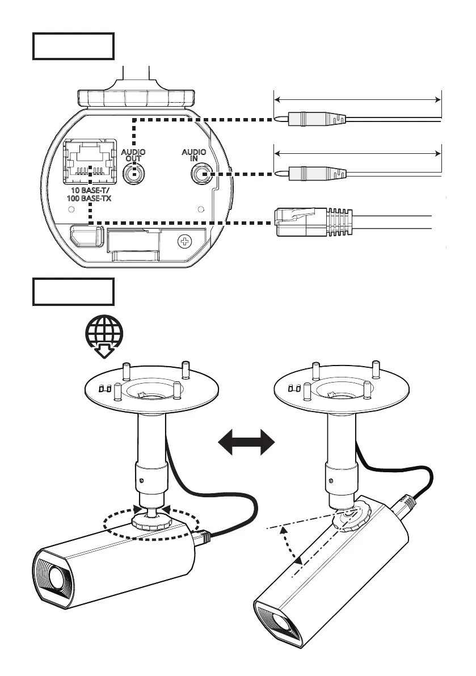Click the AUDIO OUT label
point(133,156)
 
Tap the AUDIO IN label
point(193,156)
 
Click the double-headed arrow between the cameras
point(247,442)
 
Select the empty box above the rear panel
point(73,46)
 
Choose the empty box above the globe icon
point(73,291)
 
